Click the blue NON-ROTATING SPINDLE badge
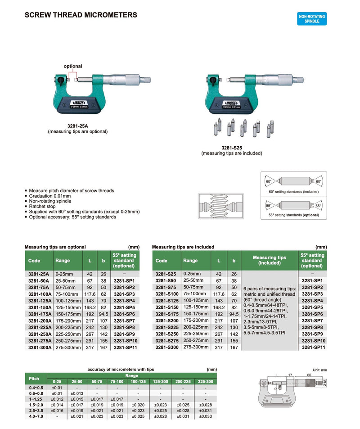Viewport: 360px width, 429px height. pos(311,18)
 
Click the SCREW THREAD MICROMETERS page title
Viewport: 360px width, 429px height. pos(81,15)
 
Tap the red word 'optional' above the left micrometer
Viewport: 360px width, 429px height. pos(72,66)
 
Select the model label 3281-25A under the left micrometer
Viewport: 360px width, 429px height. pos(78,126)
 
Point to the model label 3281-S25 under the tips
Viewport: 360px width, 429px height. pos(232,148)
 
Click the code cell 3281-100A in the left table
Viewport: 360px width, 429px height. pos(39,294)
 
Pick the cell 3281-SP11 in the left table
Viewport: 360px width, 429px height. pos(125,348)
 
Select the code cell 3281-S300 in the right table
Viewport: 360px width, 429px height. pos(166,348)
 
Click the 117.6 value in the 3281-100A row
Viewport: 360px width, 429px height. pos(89,294)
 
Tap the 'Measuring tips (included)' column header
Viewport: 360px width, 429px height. pos(269,260)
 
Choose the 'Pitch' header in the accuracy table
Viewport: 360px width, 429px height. pos(34,379)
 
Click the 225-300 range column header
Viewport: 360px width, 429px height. pos(205,382)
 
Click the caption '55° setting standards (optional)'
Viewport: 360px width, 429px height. pos(293,215)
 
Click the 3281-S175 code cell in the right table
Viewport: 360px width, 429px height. pos(166,314)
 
